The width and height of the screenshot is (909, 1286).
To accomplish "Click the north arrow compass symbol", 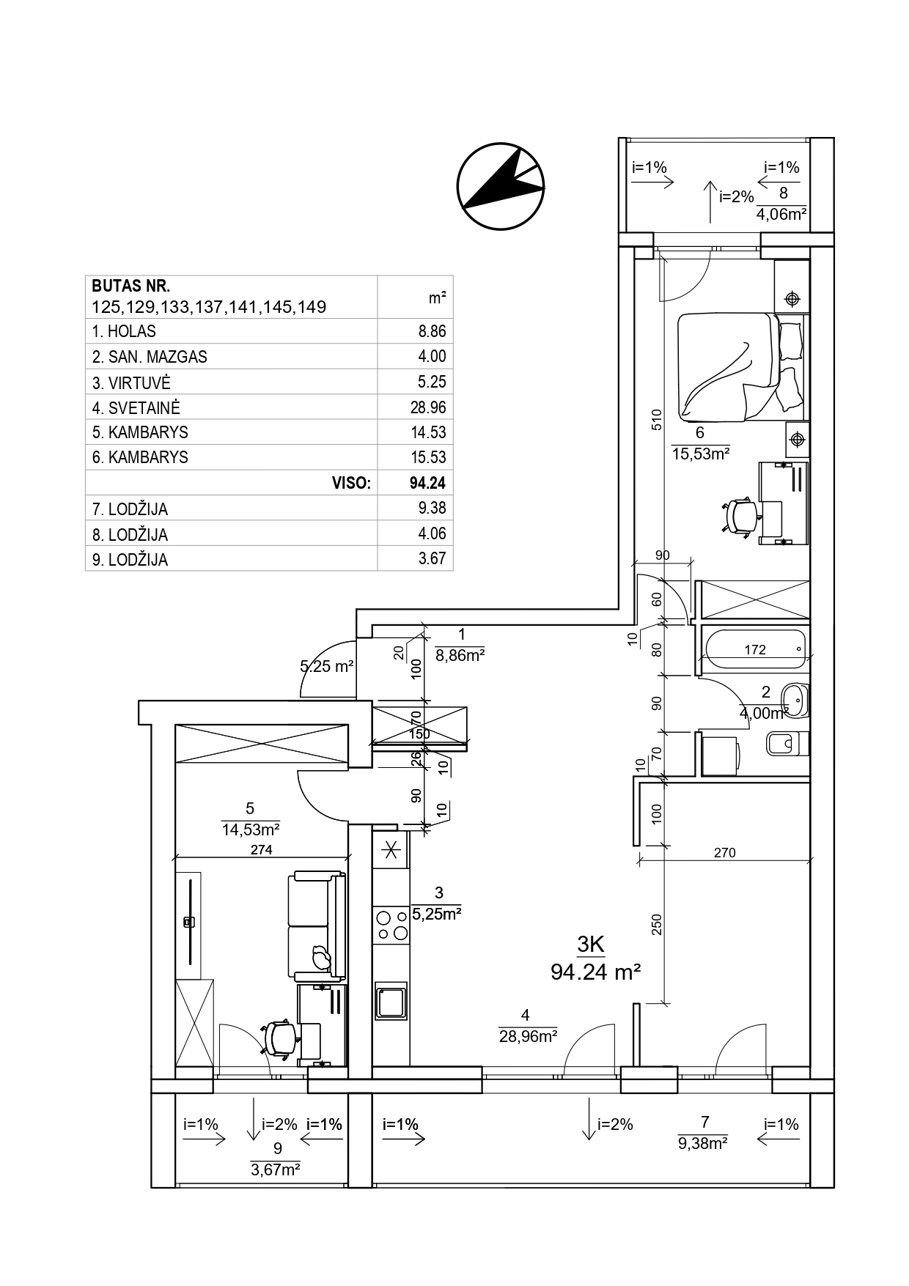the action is (501, 187).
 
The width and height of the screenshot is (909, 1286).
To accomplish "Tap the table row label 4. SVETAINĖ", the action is (136, 408).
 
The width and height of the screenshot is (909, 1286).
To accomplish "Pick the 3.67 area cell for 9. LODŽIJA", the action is (433, 559).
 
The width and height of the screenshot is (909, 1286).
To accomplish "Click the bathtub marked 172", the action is (755, 649).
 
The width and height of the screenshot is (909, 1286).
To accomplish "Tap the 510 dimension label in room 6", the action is (657, 418).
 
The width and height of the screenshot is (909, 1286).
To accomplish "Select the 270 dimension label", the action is (724, 852).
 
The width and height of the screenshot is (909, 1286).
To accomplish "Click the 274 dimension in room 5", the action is (261, 850).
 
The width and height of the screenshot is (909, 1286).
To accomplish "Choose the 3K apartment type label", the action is (591, 945).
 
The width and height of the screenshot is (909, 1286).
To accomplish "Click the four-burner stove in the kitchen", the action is (391, 924).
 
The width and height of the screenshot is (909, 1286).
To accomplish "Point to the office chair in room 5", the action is (281, 1038).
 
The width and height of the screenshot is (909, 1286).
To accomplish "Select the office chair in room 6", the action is (740, 517).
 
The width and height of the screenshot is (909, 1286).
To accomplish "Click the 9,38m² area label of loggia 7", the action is (702, 1142).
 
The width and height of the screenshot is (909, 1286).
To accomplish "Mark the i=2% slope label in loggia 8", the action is (737, 196).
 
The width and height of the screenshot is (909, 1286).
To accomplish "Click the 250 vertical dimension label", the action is (657, 924).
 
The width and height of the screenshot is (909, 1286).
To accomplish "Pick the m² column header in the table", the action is (438, 298).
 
